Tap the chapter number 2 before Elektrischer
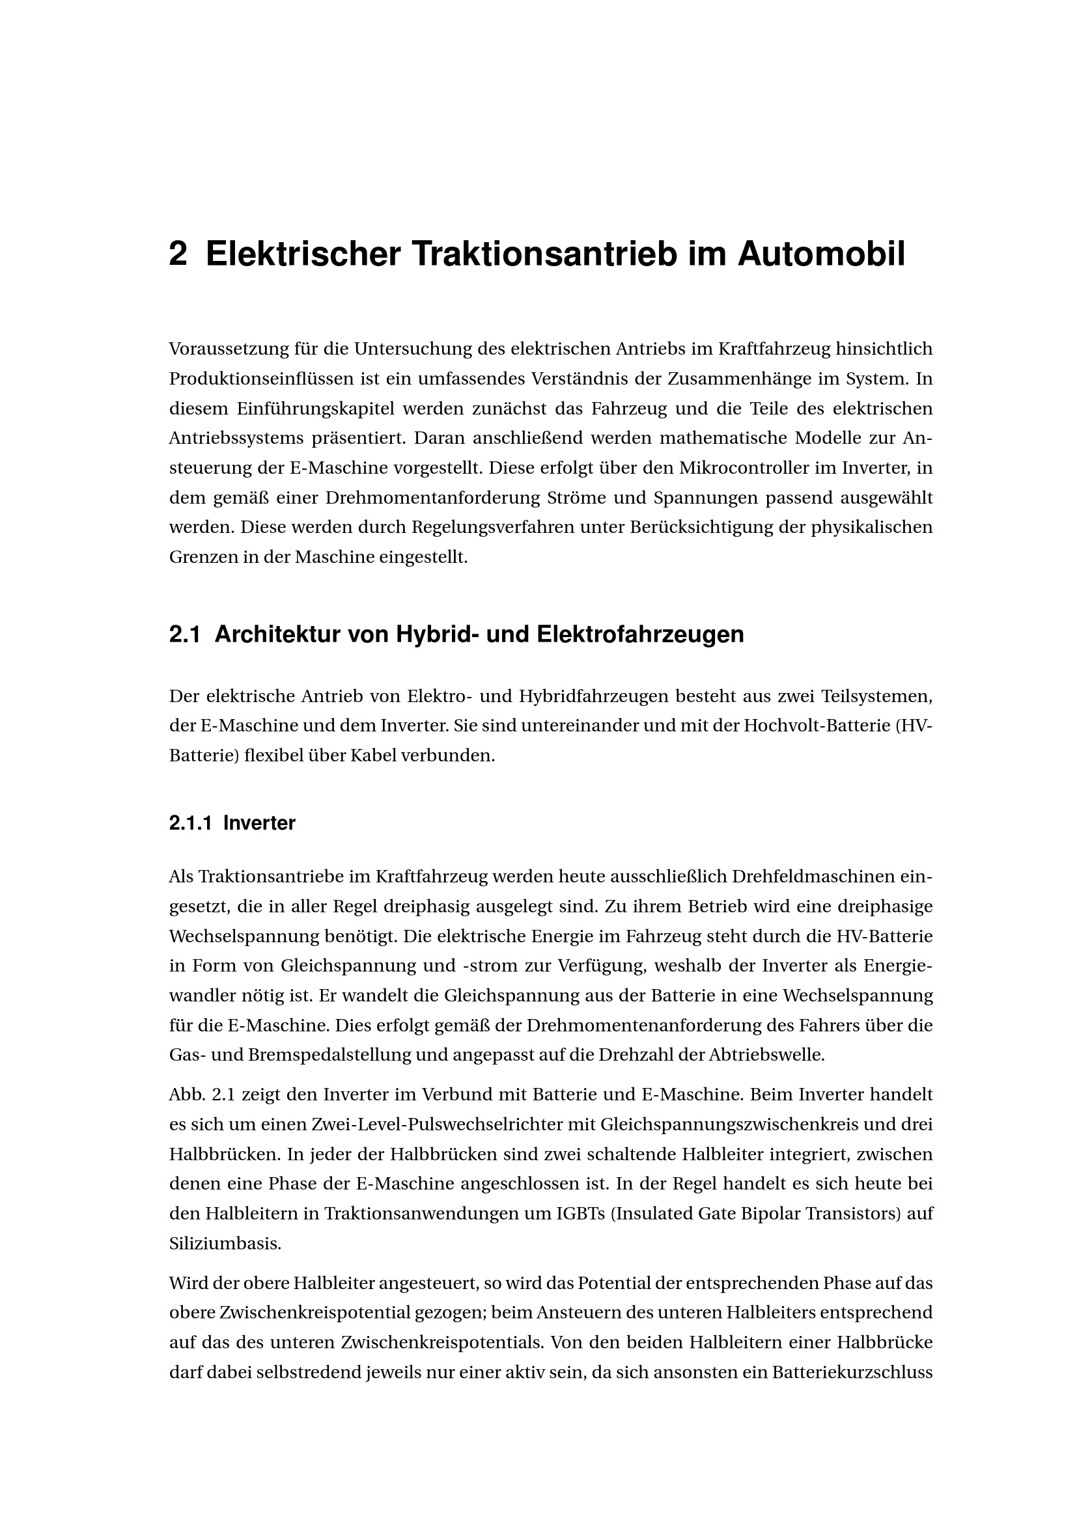(178, 254)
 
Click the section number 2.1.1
(190, 823)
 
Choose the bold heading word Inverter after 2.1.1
(259, 823)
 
